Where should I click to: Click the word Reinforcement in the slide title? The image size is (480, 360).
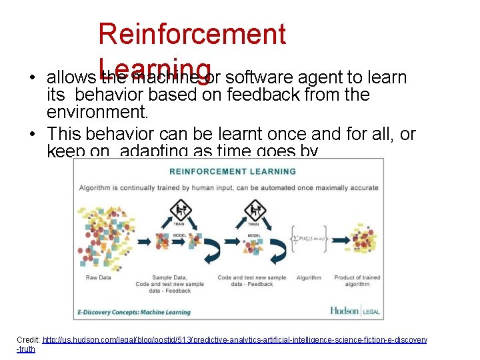pyautogui.click(x=192, y=33)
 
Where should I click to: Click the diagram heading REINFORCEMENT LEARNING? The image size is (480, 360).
pyautogui.click(x=233, y=172)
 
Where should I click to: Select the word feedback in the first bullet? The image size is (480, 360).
pyautogui.click(x=263, y=95)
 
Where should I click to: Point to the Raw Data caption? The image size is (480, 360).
pyautogui.click(x=99, y=277)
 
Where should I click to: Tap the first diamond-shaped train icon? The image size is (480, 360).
pyautogui.click(x=179, y=211)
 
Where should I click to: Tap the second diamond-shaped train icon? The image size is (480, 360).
pyautogui.click(x=255, y=211)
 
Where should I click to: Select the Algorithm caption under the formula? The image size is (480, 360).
pyautogui.click(x=309, y=278)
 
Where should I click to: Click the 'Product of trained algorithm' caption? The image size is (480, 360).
pyautogui.click(x=357, y=281)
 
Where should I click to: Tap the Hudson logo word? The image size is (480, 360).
pyautogui.click(x=345, y=310)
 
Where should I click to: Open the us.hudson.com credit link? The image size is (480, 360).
pyautogui.click(x=233, y=340)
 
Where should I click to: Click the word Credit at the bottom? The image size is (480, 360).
pyautogui.click(x=28, y=340)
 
